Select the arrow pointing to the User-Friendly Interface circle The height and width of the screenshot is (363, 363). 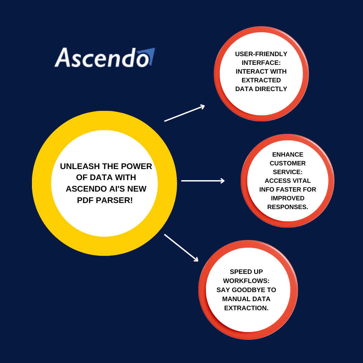(x=185, y=113)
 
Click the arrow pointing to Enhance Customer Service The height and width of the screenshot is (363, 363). (x=203, y=181)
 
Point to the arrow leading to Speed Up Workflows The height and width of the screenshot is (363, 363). (x=181, y=247)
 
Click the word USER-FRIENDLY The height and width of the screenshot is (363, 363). (x=261, y=54)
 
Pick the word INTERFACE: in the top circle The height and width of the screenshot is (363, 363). (x=261, y=63)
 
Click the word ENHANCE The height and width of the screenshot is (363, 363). (x=288, y=155)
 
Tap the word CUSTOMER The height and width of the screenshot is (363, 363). (x=288, y=163)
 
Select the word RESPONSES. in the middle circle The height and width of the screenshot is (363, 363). (x=288, y=207)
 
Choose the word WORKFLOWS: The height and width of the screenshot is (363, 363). (x=246, y=281)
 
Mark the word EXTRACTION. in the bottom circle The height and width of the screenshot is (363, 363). (x=246, y=308)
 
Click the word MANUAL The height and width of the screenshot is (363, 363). (x=236, y=299)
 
